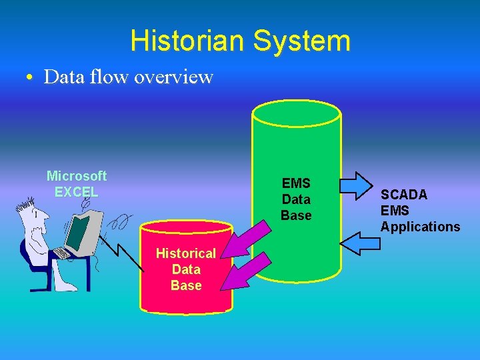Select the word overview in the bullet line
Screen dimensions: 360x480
point(173,77)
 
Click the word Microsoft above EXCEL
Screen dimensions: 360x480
point(77,176)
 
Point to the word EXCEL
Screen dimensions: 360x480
point(77,192)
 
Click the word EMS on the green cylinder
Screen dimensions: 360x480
point(296,183)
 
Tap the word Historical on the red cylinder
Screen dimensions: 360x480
point(185,253)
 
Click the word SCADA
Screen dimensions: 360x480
point(404,195)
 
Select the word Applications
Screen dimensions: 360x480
point(420,227)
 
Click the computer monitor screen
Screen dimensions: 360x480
point(79,230)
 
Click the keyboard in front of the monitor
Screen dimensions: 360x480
point(61,253)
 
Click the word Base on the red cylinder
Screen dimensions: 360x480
point(185,285)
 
